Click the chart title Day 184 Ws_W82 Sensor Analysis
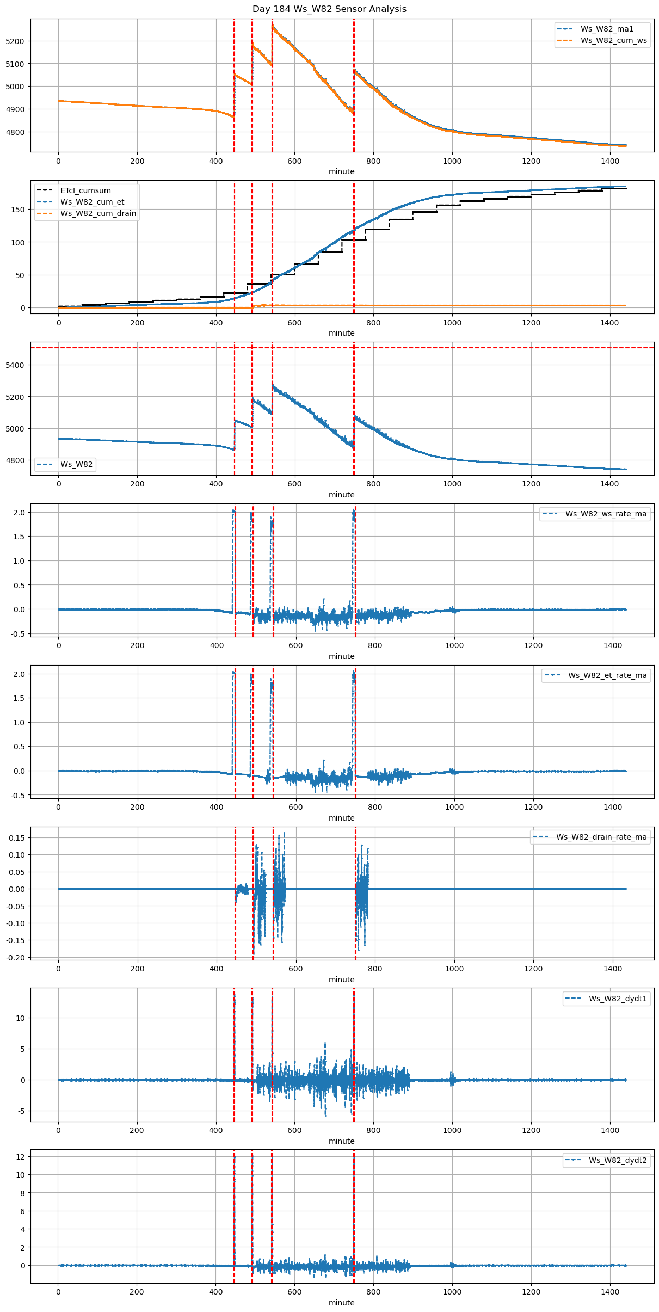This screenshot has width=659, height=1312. [x=329, y=9]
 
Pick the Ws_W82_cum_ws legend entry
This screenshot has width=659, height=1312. [x=613, y=40]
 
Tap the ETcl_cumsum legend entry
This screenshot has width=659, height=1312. [x=85, y=190]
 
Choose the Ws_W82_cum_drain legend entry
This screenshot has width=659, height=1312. [x=98, y=213]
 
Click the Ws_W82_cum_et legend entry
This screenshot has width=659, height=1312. [x=92, y=202]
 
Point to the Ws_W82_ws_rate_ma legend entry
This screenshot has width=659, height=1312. [x=606, y=514]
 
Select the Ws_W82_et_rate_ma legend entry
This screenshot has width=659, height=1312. [x=607, y=675]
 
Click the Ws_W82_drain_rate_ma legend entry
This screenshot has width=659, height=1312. [x=601, y=837]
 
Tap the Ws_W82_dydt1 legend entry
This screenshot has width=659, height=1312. [x=618, y=999]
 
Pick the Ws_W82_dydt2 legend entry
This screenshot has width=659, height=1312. [x=618, y=1160]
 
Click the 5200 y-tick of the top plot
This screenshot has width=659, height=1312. [x=15, y=41]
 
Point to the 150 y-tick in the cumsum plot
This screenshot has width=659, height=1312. [x=19, y=210]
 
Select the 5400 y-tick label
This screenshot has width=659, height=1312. [x=15, y=365]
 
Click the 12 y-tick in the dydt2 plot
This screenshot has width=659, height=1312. [x=21, y=1156]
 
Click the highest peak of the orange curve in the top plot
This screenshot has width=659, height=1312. [x=273, y=25]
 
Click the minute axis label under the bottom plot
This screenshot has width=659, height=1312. [x=341, y=1302]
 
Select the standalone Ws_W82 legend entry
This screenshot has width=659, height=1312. [x=76, y=464]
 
